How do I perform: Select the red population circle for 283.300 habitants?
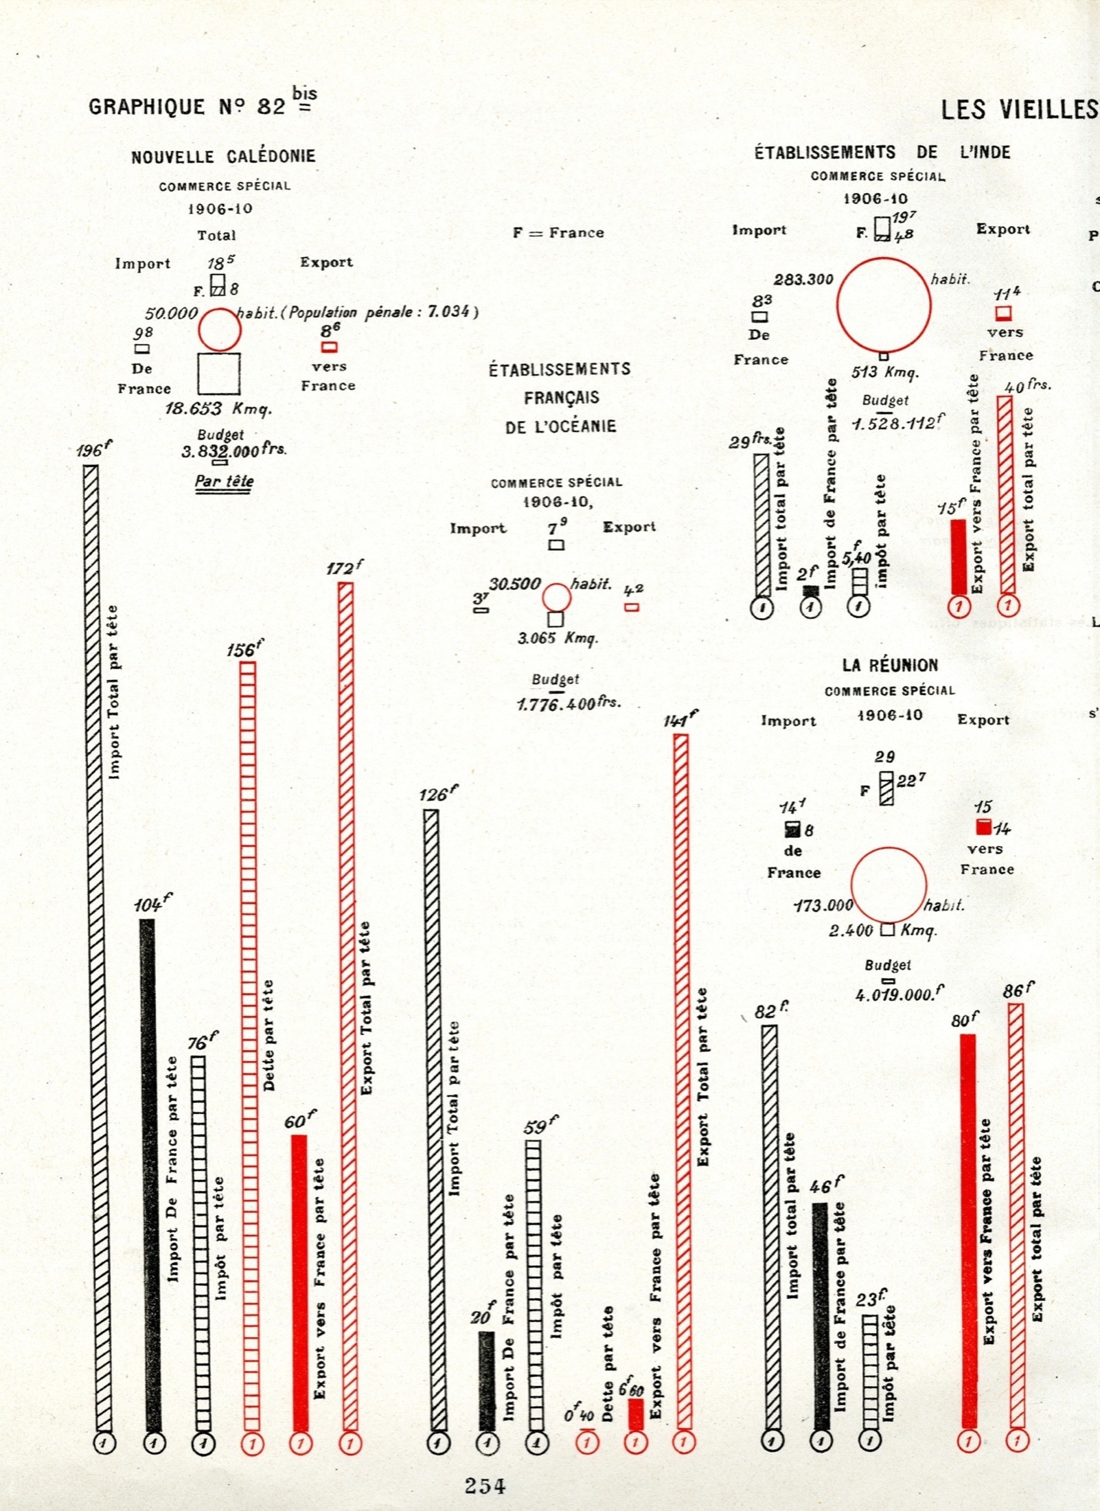pos(884,305)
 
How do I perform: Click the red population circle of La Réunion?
pos(889,885)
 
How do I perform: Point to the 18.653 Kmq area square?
pos(219,374)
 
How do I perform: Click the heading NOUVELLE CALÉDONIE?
pos(223,156)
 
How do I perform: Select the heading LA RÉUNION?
pos(890,665)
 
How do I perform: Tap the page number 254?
pos(485,1486)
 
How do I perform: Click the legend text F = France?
pos(558,232)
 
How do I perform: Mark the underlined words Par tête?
pos(224,480)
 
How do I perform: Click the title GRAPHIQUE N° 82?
pos(187,106)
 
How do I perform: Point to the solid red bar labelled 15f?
pos(959,556)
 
